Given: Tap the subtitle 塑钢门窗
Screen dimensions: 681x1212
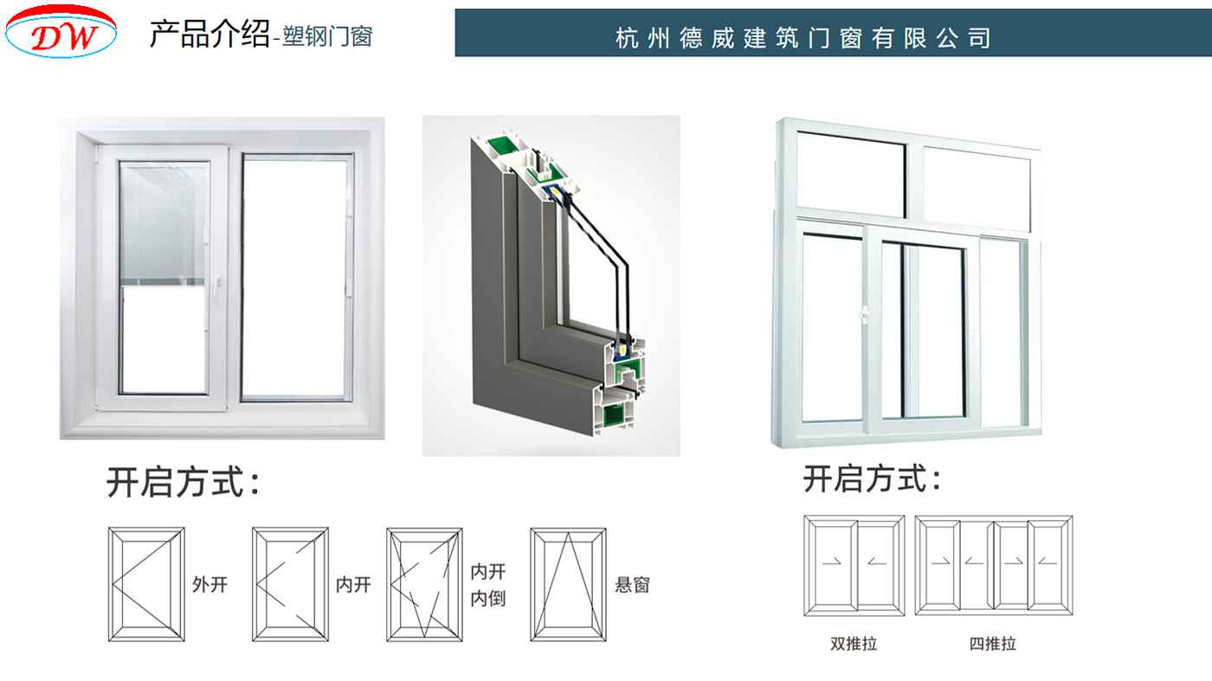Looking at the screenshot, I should tap(326, 36).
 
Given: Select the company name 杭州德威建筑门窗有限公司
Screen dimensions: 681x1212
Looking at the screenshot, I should tap(803, 37).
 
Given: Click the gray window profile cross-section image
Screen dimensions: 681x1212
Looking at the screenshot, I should tap(551, 286).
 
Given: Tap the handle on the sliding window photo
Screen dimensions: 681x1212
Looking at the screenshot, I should tap(863, 315).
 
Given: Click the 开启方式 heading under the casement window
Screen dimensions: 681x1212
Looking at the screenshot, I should tap(182, 483).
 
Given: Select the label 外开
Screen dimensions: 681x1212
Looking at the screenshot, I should tap(210, 585).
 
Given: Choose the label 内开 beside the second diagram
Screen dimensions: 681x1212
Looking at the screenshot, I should tap(353, 585).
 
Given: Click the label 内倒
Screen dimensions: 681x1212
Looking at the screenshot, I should tap(487, 598).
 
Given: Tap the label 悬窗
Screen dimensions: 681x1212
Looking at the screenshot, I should tap(631, 585).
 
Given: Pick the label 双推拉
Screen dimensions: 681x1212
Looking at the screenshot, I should tap(853, 644).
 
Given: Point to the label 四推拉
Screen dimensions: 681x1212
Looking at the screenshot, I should tap(992, 644).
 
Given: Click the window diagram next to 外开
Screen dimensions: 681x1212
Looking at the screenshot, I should tap(146, 584).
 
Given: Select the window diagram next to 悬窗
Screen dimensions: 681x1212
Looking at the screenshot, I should tap(568, 584).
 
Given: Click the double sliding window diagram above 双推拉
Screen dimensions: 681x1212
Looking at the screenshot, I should tap(854, 566).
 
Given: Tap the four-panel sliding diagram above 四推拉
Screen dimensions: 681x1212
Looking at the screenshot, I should tap(994, 566).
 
